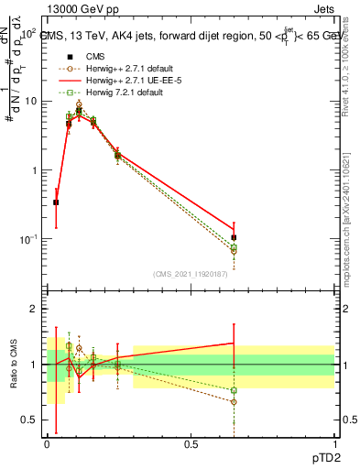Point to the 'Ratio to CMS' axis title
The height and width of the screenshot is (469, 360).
pos(13,365)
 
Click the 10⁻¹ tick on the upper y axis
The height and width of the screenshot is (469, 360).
pos(30,239)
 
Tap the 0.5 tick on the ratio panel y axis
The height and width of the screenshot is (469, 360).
pos(32,420)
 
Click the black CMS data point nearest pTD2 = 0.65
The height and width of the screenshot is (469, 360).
pos(234,237)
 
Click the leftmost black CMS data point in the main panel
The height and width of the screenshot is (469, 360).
pos(56,202)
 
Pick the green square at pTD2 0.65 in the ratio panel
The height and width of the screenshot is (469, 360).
pos(234,390)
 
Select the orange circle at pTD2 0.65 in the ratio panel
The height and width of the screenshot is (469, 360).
pos(234,401)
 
